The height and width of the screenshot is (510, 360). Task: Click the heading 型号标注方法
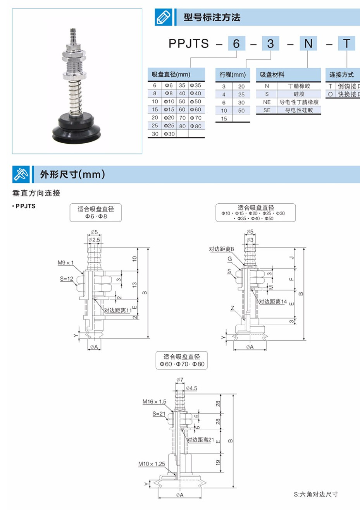coord(212,17)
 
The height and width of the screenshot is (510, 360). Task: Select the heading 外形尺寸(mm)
coord(72,174)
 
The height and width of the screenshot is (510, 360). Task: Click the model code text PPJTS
coord(188,44)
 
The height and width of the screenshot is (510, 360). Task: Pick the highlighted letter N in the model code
coord(308,43)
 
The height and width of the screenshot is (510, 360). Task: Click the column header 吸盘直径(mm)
coord(171,74)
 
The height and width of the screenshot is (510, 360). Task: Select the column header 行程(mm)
coord(233,74)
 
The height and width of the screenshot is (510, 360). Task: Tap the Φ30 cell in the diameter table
coord(169,134)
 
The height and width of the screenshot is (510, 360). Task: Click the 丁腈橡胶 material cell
coord(299,86)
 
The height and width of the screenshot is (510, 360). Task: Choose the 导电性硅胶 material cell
coord(299,110)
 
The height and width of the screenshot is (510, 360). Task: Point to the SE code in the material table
coord(267,110)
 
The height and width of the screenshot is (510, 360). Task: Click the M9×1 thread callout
coord(65,263)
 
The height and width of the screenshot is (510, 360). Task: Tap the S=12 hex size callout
coord(67,278)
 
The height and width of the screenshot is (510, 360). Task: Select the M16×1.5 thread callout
coord(154,402)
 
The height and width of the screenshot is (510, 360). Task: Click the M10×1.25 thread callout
coord(152,464)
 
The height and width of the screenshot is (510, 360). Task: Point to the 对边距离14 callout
coord(273,301)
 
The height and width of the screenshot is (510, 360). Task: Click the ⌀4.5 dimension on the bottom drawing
coord(191,388)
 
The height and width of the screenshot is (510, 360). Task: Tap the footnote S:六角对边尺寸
coord(315,494)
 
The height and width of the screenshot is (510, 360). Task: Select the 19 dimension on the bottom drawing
coord(218,462)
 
